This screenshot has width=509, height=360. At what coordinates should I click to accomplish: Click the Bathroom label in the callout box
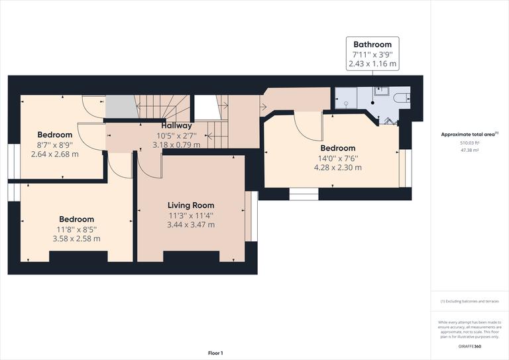pos(372,44)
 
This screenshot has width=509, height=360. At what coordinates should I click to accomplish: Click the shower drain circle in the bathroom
pos(345,103)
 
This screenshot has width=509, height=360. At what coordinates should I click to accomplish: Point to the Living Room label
pos(191,206)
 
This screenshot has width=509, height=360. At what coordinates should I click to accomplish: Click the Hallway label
pos(176,125)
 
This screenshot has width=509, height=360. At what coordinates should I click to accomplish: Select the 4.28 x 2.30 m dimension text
pos(338,168)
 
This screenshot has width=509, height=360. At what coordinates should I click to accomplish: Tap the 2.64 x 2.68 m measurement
pos(55,154)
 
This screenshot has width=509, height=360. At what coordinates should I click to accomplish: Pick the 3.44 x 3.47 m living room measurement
pos(191,225)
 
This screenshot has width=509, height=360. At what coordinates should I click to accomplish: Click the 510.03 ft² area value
pos(469,143)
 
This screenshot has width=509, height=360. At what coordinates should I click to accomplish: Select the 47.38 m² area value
pos(469,150)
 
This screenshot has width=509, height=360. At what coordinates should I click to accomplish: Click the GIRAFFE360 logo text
pos(469,347)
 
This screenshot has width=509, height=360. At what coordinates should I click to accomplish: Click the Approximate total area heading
pos(469,134)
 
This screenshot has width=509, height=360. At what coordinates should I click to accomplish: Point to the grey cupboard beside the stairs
pos(120,107)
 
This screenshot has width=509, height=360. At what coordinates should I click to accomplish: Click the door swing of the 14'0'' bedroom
pos(307,124)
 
